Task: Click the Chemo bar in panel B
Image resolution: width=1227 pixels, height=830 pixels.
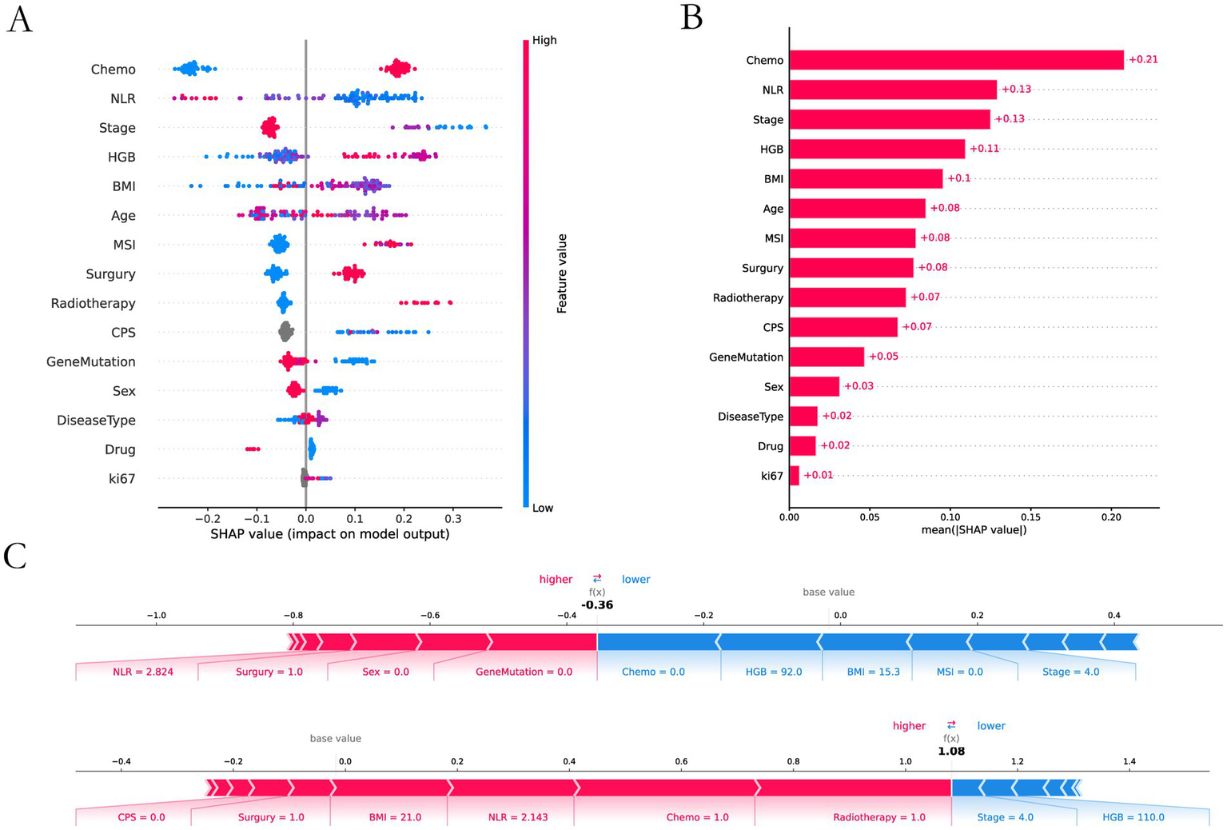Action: (956, 60)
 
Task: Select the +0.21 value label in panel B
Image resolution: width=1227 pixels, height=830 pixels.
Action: (1143, 60)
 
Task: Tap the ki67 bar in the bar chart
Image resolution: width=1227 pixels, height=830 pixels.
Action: (794, 476)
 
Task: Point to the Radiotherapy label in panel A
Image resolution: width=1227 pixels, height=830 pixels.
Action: (93, 303)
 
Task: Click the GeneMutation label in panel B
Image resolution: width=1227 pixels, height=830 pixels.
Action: (746, 357)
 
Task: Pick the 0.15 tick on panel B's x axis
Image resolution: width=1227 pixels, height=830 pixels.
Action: (1030, 517)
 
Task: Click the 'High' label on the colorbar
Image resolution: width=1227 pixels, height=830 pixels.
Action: (544, 40)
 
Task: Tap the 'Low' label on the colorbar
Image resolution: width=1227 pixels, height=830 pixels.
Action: (543, 508)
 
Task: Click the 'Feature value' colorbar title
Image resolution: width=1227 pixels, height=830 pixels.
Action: (562, 273)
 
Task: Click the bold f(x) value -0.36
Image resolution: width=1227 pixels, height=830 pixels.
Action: (597, 605)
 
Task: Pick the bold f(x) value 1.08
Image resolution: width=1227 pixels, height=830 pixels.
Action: (951, 752)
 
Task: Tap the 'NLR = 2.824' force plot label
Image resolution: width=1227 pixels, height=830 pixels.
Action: (143, 672)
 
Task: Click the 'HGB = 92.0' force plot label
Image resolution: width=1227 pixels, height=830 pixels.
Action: (774, 672)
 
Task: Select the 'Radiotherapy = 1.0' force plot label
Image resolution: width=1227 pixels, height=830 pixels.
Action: (878, 817)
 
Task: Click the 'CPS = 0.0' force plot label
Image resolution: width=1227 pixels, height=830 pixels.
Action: (141, 817)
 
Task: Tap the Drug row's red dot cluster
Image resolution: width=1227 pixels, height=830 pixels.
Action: (253, 449)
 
